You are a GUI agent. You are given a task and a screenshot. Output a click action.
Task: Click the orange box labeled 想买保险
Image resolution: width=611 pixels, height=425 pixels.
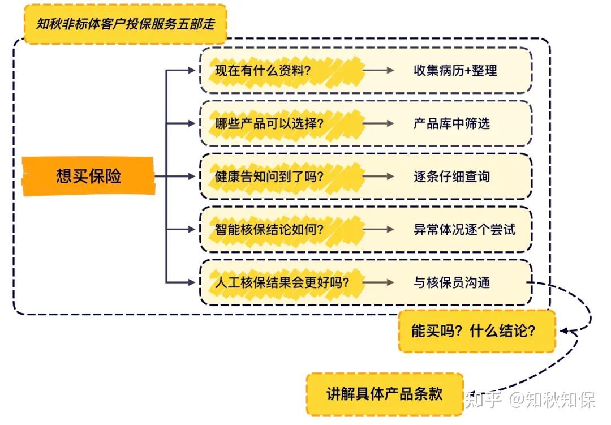(x=88, y=176)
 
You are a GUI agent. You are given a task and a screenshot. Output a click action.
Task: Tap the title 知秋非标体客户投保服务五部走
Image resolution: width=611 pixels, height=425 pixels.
(x=125, y=24)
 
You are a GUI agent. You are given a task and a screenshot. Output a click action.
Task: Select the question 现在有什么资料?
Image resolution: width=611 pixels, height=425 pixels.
(x=263, y=71)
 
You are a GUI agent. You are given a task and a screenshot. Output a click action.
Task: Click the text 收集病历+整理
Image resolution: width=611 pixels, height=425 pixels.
(x=455, y=71)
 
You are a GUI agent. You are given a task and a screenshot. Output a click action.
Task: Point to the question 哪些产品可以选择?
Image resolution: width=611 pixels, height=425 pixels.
(x=269, y=123)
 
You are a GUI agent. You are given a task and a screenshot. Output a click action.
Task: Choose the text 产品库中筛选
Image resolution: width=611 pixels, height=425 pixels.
(x=451, y=123)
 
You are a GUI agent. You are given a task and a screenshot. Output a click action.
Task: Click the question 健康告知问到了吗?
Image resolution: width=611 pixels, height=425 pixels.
(x=269, y=176)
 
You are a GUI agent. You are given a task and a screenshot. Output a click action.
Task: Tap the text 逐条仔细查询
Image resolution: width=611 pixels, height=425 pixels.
(x=451, y=176)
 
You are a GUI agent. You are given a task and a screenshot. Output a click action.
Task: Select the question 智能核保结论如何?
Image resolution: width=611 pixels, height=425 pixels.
(x=269, y=229)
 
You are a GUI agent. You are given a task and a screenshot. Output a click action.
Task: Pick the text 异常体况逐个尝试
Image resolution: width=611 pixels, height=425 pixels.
(x=464, y=229)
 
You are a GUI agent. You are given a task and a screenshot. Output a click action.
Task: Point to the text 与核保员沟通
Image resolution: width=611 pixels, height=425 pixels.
(x=451, y=282)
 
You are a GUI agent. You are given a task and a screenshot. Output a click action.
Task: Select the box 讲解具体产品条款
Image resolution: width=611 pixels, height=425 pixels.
(x=384, y=394)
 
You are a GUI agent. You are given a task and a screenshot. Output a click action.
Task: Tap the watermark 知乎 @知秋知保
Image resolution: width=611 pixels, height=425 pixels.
(x=530, y=401)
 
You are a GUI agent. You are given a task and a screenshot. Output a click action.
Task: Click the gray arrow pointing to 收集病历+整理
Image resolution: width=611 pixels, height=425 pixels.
(x=378, y=71)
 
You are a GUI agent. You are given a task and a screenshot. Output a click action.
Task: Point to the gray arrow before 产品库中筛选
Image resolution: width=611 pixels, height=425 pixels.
(x=378, y=123)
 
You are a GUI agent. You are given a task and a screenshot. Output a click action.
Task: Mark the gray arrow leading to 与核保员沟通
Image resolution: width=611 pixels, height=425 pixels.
(x=378, y=282)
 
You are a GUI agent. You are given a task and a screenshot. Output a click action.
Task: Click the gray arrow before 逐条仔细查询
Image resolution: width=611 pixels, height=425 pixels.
(x=378, y=176)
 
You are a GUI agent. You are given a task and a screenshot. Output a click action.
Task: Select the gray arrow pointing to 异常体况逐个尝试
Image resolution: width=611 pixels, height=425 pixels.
(x=378, y=229)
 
